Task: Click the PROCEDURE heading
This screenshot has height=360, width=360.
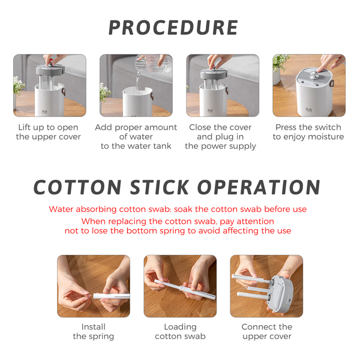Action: (173, 28)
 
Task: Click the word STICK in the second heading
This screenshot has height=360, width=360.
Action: (160, 187)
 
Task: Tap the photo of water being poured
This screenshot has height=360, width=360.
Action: (136, 85)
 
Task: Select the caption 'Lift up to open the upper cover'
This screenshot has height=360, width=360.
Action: (48, 132)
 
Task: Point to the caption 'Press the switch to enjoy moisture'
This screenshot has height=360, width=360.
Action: (308, 132)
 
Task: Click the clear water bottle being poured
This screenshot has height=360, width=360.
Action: (154, 63)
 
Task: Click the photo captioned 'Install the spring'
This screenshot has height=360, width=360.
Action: (94, 286)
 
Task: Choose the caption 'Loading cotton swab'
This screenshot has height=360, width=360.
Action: (180, 332)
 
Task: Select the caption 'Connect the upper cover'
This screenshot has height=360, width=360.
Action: (267, 332)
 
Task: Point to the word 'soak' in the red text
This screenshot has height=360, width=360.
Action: (184, 209)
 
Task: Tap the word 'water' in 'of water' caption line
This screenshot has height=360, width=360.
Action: (141, 137)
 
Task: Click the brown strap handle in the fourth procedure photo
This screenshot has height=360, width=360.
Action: (332, 83)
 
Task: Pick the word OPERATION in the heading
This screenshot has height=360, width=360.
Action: (259, 187)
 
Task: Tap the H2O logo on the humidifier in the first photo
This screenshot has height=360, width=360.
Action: (44, 112)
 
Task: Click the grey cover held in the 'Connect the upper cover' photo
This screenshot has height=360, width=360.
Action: (282, 295)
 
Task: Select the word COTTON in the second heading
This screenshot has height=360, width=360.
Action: (77, 187)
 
